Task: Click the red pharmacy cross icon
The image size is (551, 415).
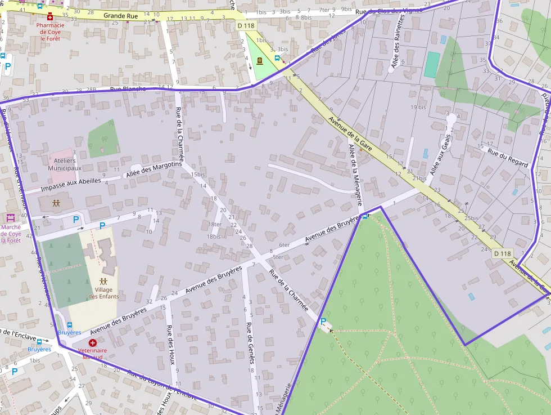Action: point(50,17)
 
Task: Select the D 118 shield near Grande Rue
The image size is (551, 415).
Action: point(246,26)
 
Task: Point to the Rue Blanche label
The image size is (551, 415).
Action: point(128,89)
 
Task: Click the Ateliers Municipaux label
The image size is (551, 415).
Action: point(65,164)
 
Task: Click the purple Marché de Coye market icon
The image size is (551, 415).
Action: point(11,217)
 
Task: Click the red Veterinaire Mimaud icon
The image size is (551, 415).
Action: point(93,342)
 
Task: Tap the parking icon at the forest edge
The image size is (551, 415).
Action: point(323,322)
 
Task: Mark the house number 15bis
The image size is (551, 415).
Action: point(198,175)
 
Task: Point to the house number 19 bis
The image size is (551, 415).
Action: point(418,107)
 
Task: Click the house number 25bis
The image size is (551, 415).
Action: point(471,218)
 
